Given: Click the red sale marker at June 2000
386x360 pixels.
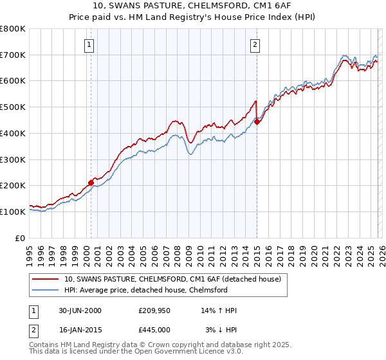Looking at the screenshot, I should [91, 183].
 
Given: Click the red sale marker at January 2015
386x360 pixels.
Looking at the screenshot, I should [257, 122].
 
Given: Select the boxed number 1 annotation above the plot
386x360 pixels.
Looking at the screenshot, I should [89, 44].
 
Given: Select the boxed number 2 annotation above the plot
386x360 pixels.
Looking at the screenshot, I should [255, 44].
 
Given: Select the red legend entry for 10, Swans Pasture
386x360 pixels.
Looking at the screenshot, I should [172, 280].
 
